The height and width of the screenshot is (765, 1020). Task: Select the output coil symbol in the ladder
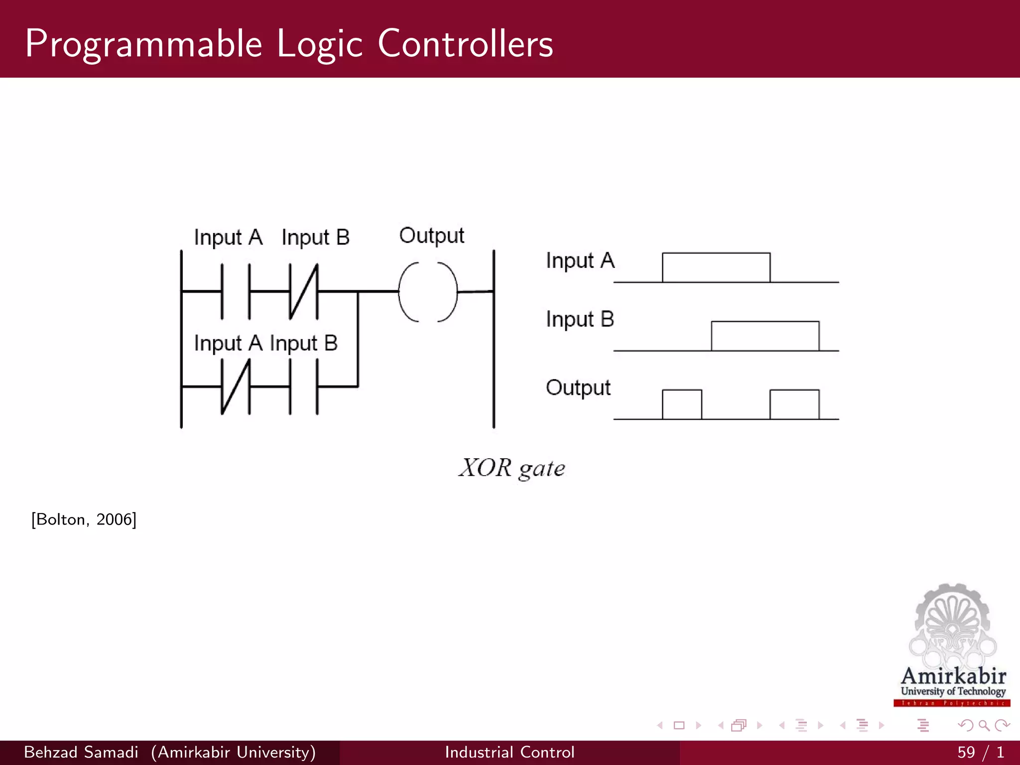(x=428, y=292)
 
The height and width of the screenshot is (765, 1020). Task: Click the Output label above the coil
(x=431, y=236)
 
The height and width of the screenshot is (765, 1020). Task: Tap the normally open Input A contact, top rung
(x=236, y=291)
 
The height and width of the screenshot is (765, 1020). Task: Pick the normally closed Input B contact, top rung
(x=304, y=291)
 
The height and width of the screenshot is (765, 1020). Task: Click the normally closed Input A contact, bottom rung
(x=236, y=386)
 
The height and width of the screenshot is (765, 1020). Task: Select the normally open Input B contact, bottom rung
(x=304, y=386)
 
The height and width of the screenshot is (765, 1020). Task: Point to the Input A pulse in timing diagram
(x=716, y=267)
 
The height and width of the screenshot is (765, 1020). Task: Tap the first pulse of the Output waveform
(x=682, y=404)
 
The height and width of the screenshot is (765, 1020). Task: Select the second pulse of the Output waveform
(x=794, y=404)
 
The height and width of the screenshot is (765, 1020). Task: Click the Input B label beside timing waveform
(x=580, y=319)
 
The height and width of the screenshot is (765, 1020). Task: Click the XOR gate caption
(x=511, y=468)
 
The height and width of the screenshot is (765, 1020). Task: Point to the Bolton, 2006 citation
(x=84, y=519)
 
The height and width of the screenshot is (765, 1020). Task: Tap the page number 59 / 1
(x=980, y=752)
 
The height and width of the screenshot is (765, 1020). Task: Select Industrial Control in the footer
(x=510, y=752)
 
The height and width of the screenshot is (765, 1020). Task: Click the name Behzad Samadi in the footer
(x=81, y=752)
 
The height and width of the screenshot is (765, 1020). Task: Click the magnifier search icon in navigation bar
(x=984, y=726)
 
